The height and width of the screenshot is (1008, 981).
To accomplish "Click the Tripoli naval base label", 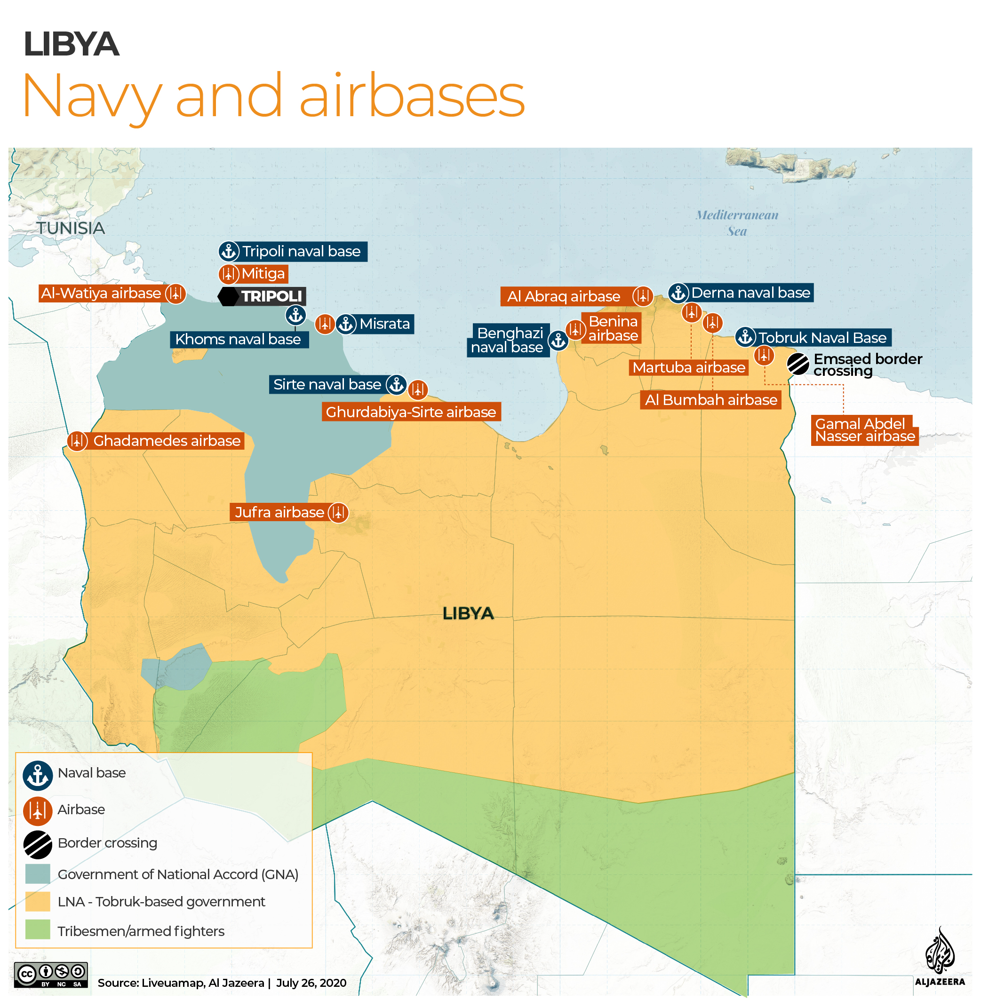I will (x=301, y=251).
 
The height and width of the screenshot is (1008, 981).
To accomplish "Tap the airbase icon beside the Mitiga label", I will (x=228, y=273).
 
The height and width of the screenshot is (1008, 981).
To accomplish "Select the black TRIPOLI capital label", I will (x=271, y=296).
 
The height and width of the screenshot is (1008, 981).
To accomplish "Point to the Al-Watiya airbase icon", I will (x=175, y=294).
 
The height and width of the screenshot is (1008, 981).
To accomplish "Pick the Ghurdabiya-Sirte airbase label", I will (x=411, y=412).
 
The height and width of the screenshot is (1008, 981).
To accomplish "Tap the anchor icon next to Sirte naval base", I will (x=396, y=384).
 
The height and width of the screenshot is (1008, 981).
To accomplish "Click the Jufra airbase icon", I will (x=338, y=513).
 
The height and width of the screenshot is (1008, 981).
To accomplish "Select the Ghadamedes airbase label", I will (x=166, y=441).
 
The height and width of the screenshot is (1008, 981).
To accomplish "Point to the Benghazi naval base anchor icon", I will (x=558, y=341).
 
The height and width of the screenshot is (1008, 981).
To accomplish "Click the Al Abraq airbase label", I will (x=564, y=297).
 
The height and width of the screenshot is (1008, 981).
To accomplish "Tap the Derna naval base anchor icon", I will (x=678, y=293).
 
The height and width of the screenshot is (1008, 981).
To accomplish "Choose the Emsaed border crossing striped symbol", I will (x=798, y=364).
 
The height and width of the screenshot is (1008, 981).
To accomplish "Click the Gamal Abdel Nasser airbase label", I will (x=864, y=430).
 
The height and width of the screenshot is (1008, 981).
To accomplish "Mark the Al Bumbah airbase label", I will (x=710, y=400).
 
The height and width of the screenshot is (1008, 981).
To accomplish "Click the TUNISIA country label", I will (x=71, y=228).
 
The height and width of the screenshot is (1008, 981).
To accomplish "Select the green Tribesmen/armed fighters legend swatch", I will (x=38, y=930).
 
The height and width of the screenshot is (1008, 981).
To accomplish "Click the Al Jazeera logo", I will (x=939, y=958).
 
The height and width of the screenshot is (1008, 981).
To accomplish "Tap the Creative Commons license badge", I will (x=50, y=975).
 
